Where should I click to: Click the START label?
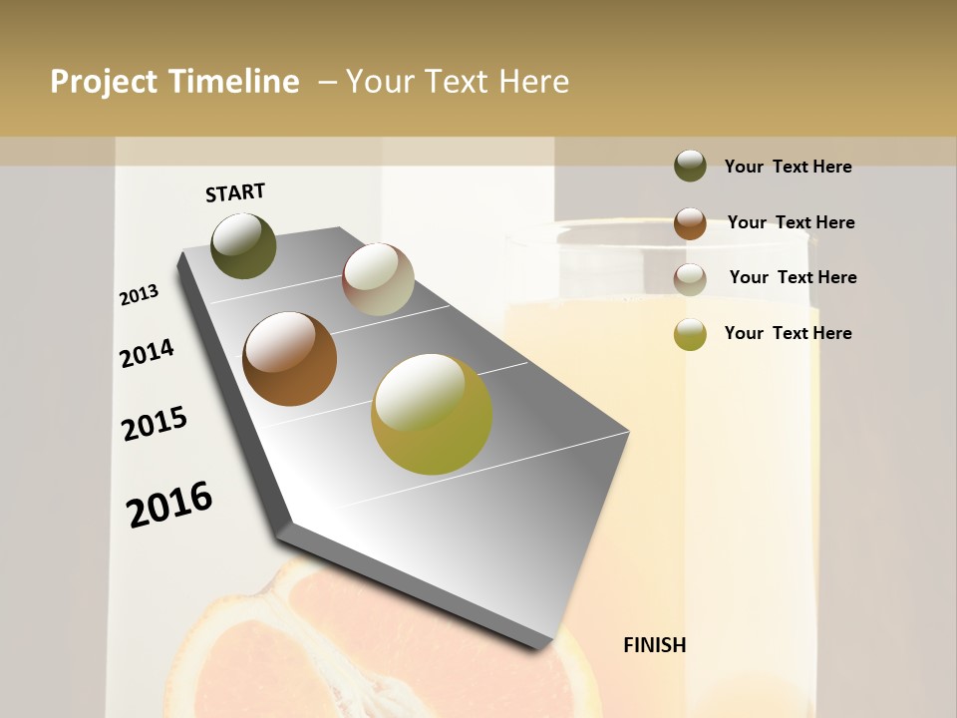(x=235, y=192)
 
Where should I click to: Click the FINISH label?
(x=654, y=645)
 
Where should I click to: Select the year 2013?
(x=139, y=295)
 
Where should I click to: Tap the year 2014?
(x=147, y=354)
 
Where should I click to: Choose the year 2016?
(x=169, y=505)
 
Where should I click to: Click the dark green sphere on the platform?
(x=243, y=245)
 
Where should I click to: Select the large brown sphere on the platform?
(x=289, y=359)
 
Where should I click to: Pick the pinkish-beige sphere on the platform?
(x=378, y=279)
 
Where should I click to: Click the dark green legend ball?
(x=690, y=166)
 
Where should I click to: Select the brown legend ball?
(x=690, y=223)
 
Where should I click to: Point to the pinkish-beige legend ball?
(x=690, y=279)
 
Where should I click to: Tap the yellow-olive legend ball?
(x=690, y=334)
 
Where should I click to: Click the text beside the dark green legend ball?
(x=788, y=167)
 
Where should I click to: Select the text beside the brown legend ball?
(x=791, y=222)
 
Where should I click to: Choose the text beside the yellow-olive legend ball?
(x=788, y=333)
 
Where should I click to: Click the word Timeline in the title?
(x=235, y=82)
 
